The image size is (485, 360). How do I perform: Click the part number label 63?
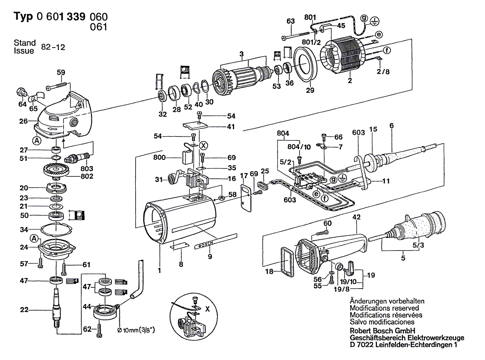click(x=291, y=21)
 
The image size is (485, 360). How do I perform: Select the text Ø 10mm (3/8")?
click(x=137, y=330)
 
